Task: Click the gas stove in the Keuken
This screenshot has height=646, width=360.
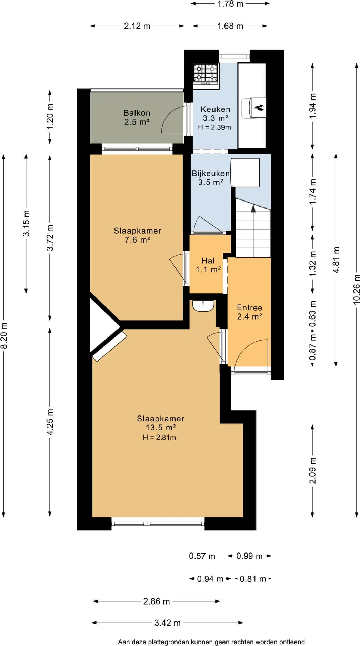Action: pyautogui.click(x=206, y=74)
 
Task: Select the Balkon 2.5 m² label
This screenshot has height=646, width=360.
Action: pyautogui.click(x=137, y=117)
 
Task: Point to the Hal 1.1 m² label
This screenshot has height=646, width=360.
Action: pyautogui.click(x=208, y=265)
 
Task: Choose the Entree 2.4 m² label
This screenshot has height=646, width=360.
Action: pyautogui.click(x=250, y=312)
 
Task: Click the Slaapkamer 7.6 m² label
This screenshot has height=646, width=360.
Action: pyautogui.click(x=138, y=235)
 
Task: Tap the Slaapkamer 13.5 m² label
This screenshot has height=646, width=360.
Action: pyautogui.click(x=161, y=423)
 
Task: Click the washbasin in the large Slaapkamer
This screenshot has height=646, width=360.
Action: pyautogui.click(x=203, y=306)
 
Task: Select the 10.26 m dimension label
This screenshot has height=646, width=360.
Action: pyautogui.click(x=357, y=289)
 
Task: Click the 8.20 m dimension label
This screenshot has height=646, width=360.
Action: pyautogui.click(x=4, y=335)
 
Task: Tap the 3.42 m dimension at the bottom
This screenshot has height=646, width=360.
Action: pyautogui.click(x=168, y=623)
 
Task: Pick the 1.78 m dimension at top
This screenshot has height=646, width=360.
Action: pyautogui.click(x=230, y=4)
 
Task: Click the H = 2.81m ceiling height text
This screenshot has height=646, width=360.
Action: pyautogui.click(x=159, y=438)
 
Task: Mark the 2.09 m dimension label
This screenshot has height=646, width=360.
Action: pyautogui.click(x=312, y=471)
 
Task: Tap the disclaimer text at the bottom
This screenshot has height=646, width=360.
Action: pyautogui.click(x=212, y=642)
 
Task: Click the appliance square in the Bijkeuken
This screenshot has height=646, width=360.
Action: pyautogui.click(x=245, y=173)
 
